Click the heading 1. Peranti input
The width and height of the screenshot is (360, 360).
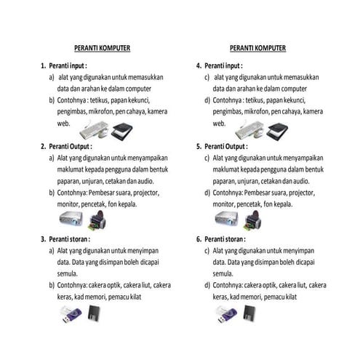pos(64,65)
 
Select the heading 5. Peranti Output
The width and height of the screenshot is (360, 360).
pos(222,146)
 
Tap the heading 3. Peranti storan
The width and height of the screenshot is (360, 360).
pos(65,239)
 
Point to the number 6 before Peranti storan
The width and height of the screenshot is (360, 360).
pos(199,239)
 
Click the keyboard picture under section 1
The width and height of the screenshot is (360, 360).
pos(94,129)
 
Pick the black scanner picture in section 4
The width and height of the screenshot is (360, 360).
pos(277,131)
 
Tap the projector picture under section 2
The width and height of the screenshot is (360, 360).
pos(71,218)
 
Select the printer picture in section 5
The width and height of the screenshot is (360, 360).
pos(253,220)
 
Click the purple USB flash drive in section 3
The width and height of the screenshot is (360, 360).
pos(71,314)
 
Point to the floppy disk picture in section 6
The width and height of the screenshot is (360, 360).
pos(249,313)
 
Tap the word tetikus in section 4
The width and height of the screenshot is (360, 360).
pos(255,100)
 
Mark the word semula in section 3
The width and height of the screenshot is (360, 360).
pos(67,273)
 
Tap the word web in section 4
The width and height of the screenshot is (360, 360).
pos(219,124)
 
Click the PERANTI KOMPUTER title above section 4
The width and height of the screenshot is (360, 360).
pos(257,48)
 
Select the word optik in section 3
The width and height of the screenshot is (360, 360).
pos(114,285)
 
